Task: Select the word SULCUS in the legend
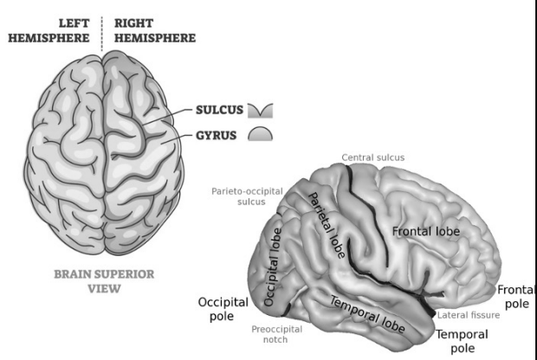[219, 111]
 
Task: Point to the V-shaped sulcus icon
[260, 111]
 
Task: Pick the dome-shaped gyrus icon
[261, 134]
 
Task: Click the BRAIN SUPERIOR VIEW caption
[104, 281]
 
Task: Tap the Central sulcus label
[372, 157]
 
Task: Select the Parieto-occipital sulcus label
[236, 196]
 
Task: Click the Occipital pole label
[223, 310]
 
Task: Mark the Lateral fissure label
[468, 315]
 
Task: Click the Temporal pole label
[461, 341]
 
